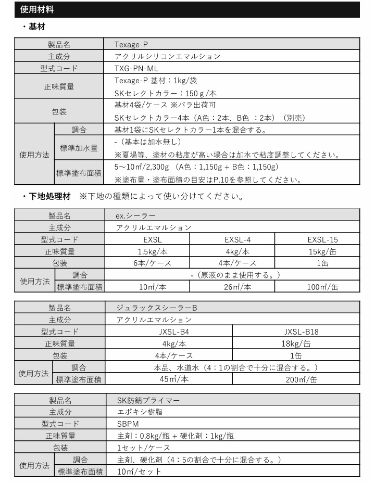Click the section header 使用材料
(x=36, y=9)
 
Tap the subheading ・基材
(x=35, y=26)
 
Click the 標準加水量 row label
(x=77, y=148)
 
